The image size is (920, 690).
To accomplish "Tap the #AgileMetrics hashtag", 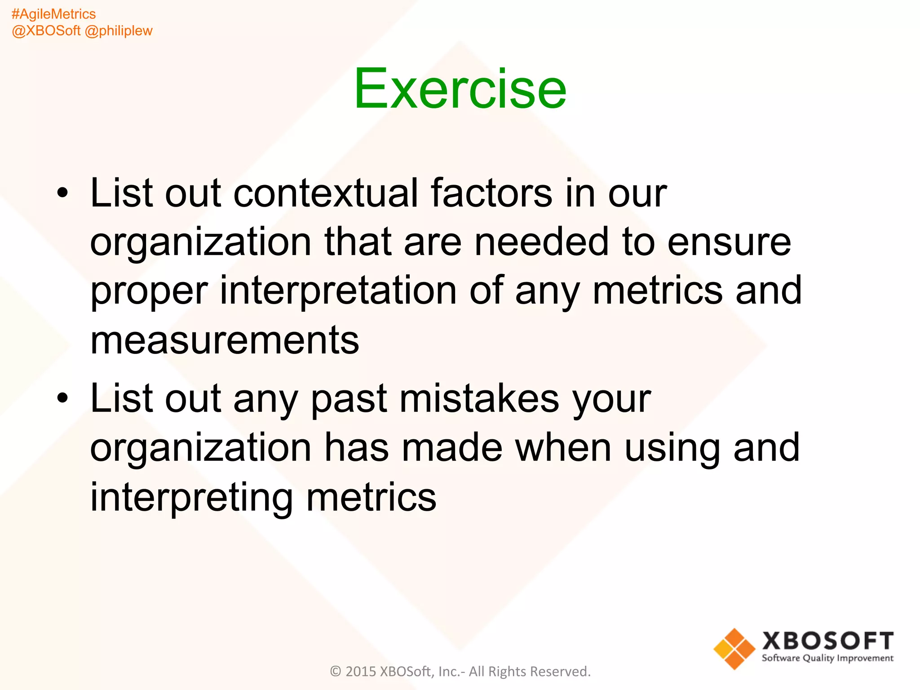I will tap(53, 14).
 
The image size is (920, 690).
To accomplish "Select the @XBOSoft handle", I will tap(46, 31).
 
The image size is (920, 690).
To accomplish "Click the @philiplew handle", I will tap(119, 31).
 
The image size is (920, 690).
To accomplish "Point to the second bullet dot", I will tap(63, 398).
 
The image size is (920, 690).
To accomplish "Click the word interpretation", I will tap(338, 291).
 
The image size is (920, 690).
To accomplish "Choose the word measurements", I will tap(225, 340).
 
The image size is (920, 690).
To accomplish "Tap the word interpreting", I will tap(191, 497).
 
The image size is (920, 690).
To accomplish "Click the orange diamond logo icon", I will tap(734, 649).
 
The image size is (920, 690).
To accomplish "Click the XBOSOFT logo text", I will tap(827, 641).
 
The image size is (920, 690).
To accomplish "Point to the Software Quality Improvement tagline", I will tap(827, 659).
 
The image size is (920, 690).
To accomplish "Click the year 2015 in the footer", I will tap(360, 672).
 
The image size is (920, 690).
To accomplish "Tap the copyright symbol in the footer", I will tap(336, 672).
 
